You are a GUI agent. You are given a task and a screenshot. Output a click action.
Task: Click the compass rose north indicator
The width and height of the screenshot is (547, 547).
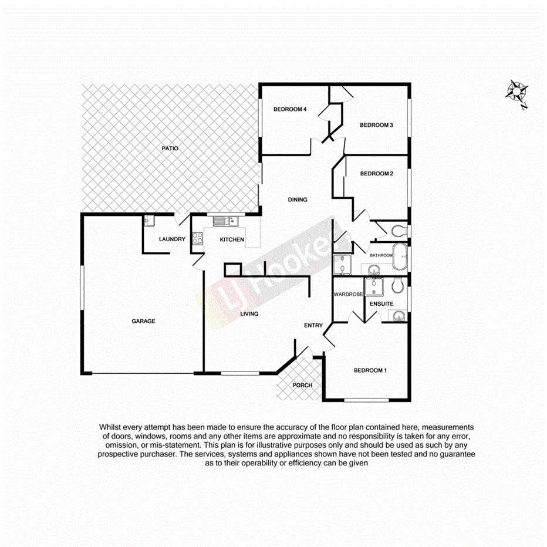tap(517, 92)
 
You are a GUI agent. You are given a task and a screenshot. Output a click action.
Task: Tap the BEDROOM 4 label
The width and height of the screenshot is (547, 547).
tap(290, 109)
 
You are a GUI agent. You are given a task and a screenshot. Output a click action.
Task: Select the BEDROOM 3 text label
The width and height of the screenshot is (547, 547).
tap(376, 125)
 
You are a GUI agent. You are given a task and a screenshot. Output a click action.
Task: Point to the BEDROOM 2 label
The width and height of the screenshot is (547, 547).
tap(376, 174)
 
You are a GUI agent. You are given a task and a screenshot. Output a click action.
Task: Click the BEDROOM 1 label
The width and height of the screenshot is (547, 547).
tap(370, 370)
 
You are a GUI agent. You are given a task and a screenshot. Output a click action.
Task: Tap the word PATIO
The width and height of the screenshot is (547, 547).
tap(170, 148)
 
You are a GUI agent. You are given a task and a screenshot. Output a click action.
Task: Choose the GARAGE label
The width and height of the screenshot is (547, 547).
tap(143, 321)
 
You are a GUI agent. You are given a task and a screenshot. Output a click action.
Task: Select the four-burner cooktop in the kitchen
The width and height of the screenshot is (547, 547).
tap(197, 239)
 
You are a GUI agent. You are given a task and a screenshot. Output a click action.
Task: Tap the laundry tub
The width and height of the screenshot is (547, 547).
tap(148, 221)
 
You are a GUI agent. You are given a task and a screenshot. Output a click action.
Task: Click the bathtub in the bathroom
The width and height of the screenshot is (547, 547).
tap(401, 256)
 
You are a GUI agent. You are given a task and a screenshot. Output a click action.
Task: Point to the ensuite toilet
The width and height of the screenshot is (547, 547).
tap(397, 285)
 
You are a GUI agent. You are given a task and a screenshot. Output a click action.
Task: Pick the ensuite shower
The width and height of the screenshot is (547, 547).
tap(373, 286)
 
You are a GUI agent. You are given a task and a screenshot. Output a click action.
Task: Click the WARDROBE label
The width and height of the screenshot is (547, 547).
tap(347, 294)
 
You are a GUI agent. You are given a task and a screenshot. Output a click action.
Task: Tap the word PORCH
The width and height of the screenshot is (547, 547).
tap(302, 385)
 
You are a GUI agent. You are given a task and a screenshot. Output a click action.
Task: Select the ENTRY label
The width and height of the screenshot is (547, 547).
tap(313, 325)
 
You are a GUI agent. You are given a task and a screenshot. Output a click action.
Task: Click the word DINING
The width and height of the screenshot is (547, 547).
tap(298, 200)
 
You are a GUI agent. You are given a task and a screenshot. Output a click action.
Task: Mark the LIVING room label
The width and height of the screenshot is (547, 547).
tap(249, 314)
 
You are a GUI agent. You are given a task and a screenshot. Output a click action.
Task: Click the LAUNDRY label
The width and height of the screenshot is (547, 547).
tap(173, 239)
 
